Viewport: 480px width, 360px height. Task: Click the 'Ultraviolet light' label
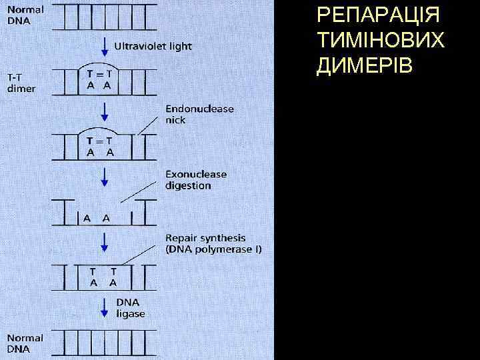(x=153, y=47)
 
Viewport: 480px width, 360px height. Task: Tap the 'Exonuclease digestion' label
(x=195, y=180)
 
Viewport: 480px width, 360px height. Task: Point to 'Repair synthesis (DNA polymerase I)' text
(x=213, y=243)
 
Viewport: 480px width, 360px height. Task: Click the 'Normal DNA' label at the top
(x=25, y=15)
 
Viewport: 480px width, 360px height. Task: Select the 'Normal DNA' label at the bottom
(x=25, y=343)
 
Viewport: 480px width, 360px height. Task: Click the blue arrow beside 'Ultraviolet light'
(x=104, y=46)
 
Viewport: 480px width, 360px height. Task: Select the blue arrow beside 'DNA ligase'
(x=104, y=307)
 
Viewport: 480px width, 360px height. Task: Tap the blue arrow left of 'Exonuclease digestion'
(x=104, y=178)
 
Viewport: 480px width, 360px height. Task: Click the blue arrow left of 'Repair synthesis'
(x=104, y=242)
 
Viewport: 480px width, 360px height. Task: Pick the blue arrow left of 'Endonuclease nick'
(x=104, y=112)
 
